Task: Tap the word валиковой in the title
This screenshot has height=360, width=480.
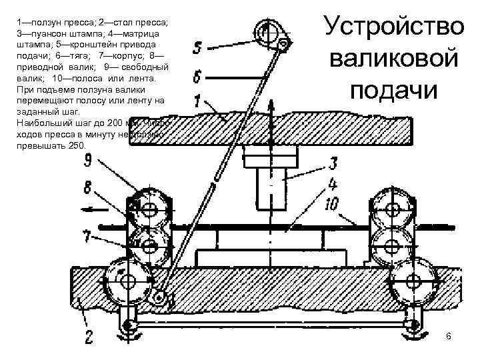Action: click(x=393, y=58)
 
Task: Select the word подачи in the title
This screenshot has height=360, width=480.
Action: click(x=393, y=89)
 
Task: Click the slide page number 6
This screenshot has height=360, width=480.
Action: click(x=449, y=337)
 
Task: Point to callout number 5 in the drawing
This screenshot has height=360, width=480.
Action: click(x=197, y=48)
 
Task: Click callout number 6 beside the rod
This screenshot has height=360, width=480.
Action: click(x=198, y=77)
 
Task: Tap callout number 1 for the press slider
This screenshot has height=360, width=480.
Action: click(x=197, y=101)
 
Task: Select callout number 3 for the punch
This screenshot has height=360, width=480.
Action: click(x=331, y=163)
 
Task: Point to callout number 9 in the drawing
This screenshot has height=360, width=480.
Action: click(x=89, y=160)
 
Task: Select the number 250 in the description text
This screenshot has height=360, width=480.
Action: click(x=77, y=145)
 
